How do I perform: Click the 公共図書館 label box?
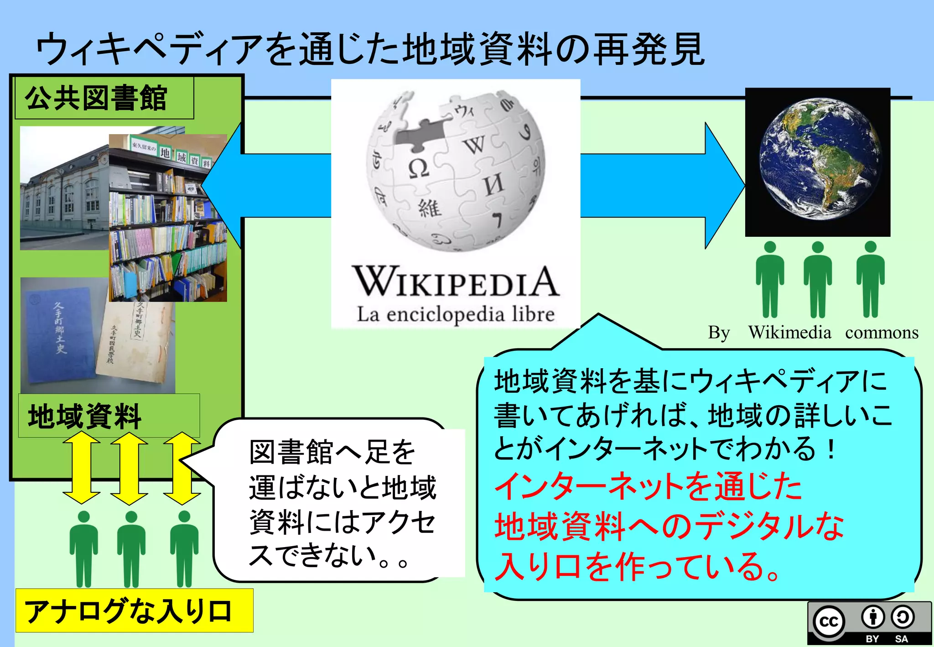tap(104, 98)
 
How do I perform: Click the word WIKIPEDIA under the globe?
tap(455, 282)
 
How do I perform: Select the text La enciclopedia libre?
tap(455, 314)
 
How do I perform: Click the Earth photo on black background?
tap(818, 162)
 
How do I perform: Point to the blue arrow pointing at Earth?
tap(661, 185)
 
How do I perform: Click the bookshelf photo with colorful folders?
tap(168, 218)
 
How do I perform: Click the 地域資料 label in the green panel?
tap(85, 416)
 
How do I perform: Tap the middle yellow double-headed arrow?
tap(129, 469)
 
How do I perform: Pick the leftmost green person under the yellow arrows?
tap(84, 549)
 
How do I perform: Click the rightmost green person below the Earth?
tap(870, 279)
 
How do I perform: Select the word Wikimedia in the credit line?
tap(789, 332)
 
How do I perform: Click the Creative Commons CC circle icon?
tap(829, 621)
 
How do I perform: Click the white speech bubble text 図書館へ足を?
tap(332, 452)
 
